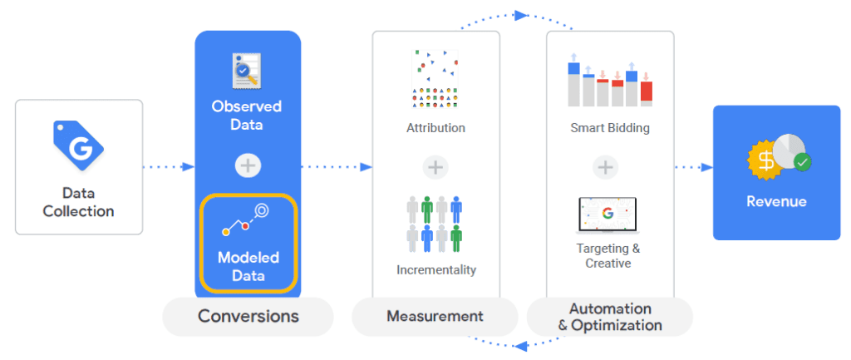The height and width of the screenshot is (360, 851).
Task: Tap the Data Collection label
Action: pyautogui.click(x=78, y=202)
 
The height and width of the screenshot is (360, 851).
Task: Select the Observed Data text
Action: pyautogui.click(x=247, y=116)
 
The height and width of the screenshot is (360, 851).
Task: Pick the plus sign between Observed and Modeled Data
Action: pyautogui.click(x=247, y=165)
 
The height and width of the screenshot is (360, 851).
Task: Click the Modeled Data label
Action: pyautogui.click(x=248, y=266)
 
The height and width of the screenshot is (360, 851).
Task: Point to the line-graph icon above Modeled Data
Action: pyautogui.click(x=247, y=219)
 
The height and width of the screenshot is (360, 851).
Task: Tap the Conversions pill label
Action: pyautogui.click(x=248, y=317)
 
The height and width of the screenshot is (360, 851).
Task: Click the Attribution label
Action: pyautogui.click(x=435, y=128)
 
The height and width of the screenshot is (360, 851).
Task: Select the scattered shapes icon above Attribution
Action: pyautogui.click(x=435, y=79)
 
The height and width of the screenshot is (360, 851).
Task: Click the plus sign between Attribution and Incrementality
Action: pyautogui.click(x=435, y=167)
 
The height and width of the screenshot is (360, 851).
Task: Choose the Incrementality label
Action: pyautogui.click(x=436, y=270)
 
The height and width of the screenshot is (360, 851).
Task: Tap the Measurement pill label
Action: pyautogui.click(x=435, y=316)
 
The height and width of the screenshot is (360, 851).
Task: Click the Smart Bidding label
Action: pyautogui.click(x=610, y=128)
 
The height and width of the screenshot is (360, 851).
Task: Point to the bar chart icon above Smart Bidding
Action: pyautogui.click(x=610, y=82)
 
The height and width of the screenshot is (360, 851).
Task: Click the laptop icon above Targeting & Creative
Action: pyautogui.click(x=608, y=215)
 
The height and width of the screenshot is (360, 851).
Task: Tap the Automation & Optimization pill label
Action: pyautogui.click(x=610, y=317)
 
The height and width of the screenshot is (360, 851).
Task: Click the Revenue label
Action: pyautogui.click(x=776, y=201)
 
